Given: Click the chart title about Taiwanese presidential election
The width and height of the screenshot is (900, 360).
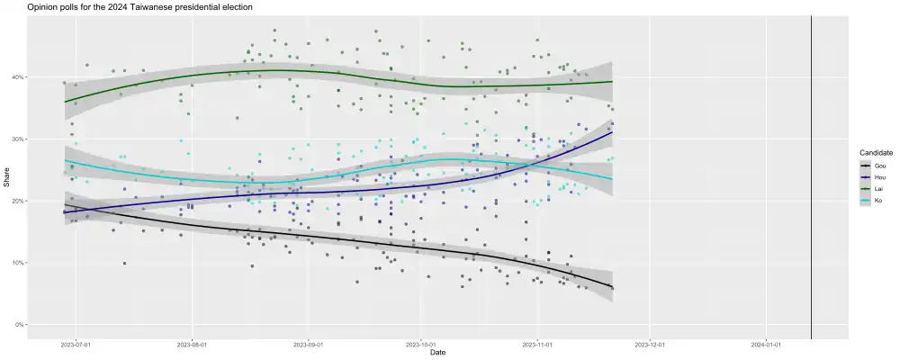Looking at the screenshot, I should coord(139,7).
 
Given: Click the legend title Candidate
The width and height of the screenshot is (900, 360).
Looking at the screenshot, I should coord(875,154).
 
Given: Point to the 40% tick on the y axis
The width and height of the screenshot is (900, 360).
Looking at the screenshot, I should coord(18,77).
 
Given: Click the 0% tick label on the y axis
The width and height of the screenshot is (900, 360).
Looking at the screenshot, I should coord(19,325).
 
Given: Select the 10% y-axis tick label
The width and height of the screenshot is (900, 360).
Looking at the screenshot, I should coord(18,263).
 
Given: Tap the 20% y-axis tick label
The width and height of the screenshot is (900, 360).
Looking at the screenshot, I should coord(18,201).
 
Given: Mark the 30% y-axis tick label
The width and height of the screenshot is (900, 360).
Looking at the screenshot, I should coord(18,139).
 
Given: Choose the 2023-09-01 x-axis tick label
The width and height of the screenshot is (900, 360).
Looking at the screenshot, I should coord(308,344).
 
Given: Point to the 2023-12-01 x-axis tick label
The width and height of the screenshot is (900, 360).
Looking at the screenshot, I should coord(648,344).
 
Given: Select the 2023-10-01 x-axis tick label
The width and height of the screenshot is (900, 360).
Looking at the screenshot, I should coord(420,344).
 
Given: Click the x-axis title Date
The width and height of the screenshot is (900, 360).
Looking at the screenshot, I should coord(437,353).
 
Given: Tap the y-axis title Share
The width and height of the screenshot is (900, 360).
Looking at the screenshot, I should coord(6,178).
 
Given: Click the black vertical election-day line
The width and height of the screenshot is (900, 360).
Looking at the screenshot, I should coord(812,180).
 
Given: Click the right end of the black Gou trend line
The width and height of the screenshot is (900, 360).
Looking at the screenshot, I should coord(612,287).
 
